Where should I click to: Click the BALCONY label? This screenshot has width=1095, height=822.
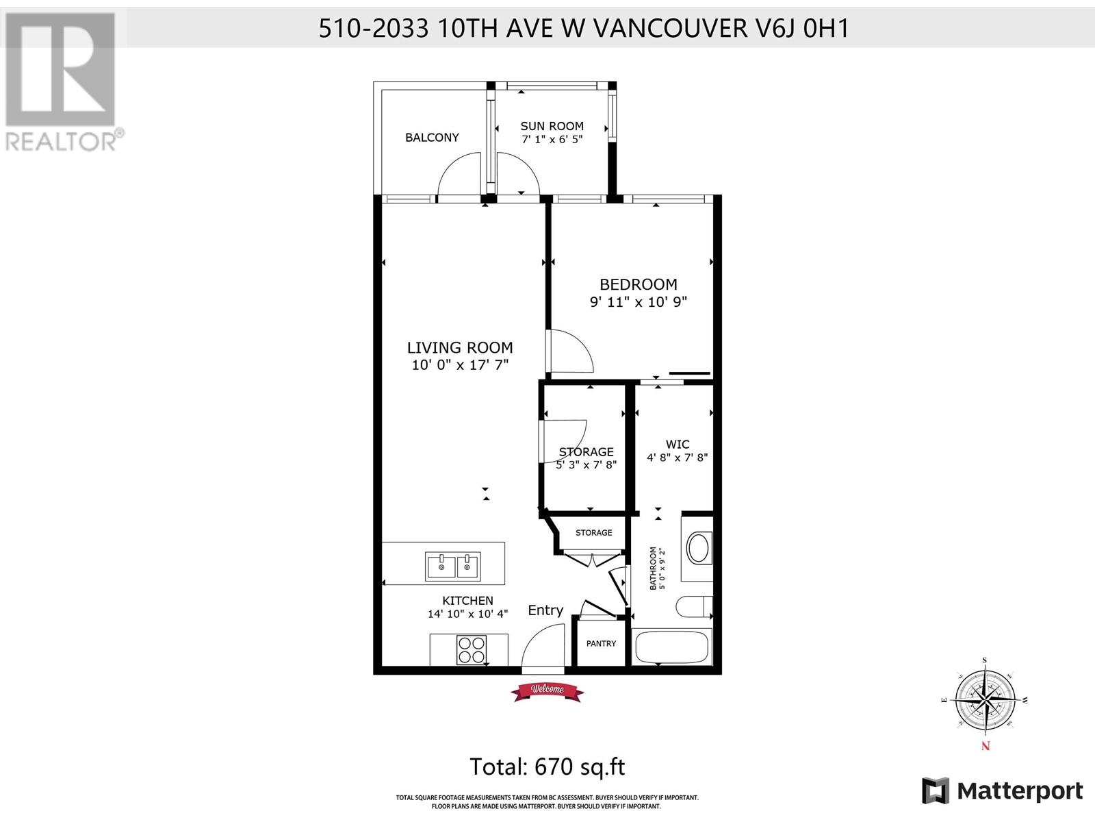[432, 138]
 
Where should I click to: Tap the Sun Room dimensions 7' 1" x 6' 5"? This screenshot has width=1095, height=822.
[552, 140]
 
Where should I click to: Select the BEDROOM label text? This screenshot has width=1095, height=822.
[638, 284]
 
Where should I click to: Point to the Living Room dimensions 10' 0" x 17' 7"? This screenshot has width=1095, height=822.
[460, 365]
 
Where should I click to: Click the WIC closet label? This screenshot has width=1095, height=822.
[677, 445]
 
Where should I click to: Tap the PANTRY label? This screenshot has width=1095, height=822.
[601, 644]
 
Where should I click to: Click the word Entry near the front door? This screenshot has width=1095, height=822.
[545, 610]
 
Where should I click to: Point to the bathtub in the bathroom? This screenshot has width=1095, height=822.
[671, 647]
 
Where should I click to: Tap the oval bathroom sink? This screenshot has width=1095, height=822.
[699, 548]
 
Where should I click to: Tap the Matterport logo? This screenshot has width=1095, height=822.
[1002, 791]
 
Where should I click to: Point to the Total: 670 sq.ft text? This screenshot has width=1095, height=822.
[547, 767]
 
